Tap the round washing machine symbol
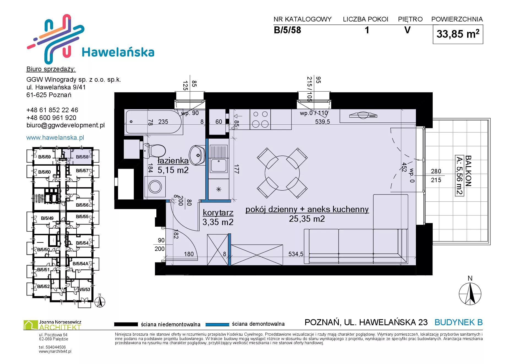(x=155, y=187)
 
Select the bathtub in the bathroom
(x=153, y=122)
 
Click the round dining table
(x=282, y=173)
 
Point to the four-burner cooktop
(x=260, y=119)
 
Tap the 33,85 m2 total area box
(x=458, y=34)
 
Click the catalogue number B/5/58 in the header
(x=287, y=30)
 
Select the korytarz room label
(x=218, y=213)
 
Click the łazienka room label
(x=173, y=160)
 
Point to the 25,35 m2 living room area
(x=307, y=219)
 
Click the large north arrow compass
(x=470, y=294)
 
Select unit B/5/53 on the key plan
(x=84, y=289)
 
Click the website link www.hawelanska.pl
(x=55, y=138)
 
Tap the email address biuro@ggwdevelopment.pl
(x=66, y=125)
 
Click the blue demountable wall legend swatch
(x=217, y=324)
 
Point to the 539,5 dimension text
(x=322, y=122)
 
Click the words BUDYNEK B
(x=459, y=322)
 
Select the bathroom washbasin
(x=197, y=155)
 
